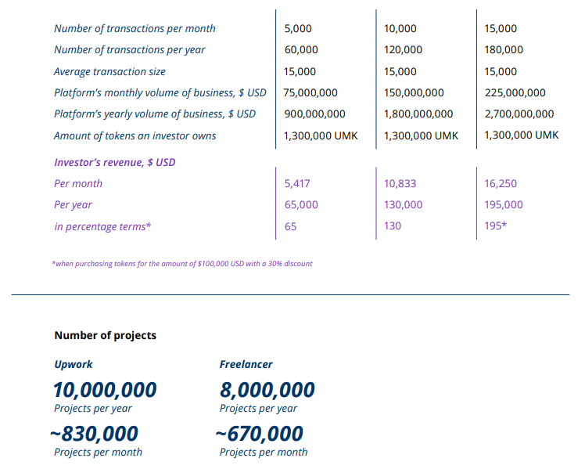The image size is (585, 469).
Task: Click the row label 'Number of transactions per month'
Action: click(135, 29)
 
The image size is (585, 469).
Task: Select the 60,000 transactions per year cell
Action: click(301, 50)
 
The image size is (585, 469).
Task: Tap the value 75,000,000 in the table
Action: click(311, 92)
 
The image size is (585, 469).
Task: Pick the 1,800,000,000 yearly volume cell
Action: click(418, 114)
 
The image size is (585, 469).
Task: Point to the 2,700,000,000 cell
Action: click(519, 114)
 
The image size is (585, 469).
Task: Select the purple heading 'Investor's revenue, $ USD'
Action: click(114, 163)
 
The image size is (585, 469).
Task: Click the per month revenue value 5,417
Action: click(298, 184)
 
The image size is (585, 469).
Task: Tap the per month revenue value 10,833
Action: click(400, 184)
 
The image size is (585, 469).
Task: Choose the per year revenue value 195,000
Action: click(504, 205)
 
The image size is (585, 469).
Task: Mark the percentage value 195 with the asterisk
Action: click(496, 226)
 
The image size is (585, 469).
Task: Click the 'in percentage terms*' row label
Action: click(102, 226)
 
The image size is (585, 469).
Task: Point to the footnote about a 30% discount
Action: click(182, 264)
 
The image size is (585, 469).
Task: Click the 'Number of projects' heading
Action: click(105, 335)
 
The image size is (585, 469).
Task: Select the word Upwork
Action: click(74, 365)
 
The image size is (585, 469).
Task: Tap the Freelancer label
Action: click(246, 365)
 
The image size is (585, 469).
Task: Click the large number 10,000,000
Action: click(105, 390)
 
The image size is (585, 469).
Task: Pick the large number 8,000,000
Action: click(267, 390)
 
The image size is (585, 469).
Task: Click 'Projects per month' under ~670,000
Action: click(264, 453)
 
